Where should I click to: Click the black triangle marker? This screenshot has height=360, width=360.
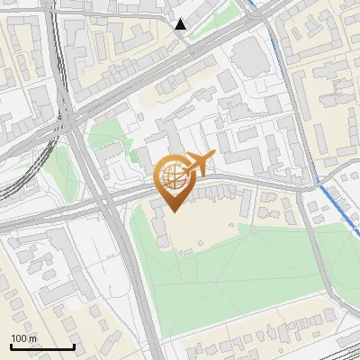[x=181, y=24]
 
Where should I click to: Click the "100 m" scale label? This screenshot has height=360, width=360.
[x=23, y=337]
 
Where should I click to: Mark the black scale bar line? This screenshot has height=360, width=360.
[x=42, y=346]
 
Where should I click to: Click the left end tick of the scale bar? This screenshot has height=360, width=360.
[x=11, y=345]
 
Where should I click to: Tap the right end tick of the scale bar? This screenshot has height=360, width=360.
[x=74, y=345]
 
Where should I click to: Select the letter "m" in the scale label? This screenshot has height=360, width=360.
[x=31, y=337]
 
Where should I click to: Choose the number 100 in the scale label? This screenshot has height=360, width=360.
[x=19, y=337]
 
